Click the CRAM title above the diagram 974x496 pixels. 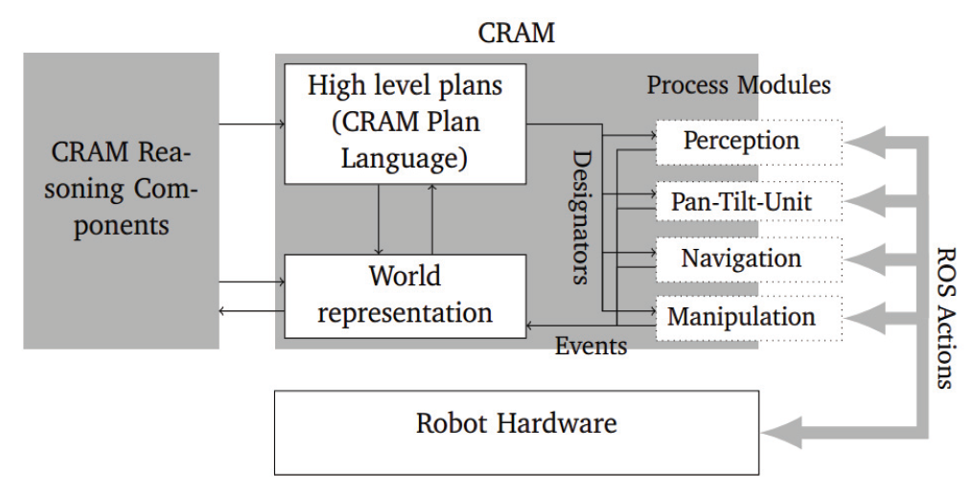(516, 33)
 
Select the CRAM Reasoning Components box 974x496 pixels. (121, 200)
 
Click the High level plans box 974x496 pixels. (405, 124)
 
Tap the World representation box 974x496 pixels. (405, 295)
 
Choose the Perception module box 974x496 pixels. (741, 141)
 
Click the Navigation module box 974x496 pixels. (741, 259)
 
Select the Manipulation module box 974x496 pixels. (741, 317)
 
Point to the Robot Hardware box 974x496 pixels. (516, 424)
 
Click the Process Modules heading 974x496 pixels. (738, 84)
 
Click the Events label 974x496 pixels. (591, 346)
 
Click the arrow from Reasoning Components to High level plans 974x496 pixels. (251, 124)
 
